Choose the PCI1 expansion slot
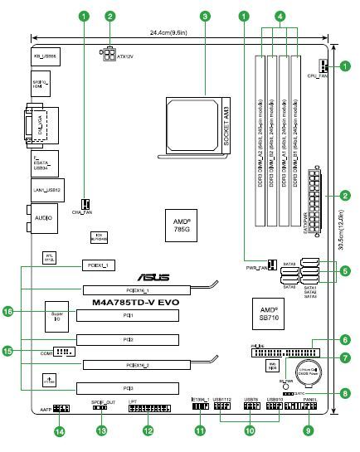pos(129,316)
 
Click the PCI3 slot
pos(129,387)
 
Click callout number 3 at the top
pos(204,16)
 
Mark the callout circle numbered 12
pos(148,430)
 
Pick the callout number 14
pos(59,430)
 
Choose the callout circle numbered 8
pos(344,395)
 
